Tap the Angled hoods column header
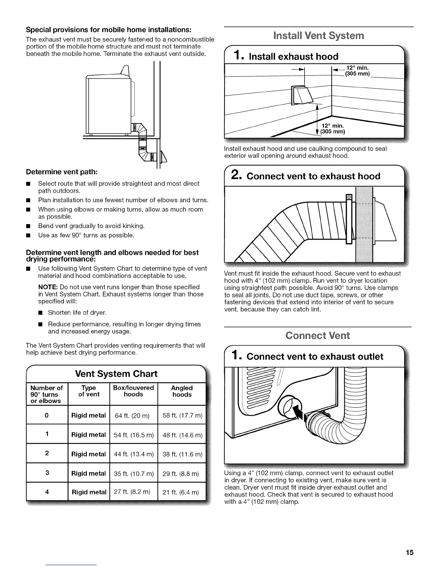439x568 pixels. tap(182, 391)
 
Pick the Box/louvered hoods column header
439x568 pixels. tap(133, 391)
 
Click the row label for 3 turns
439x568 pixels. tap(47, 473)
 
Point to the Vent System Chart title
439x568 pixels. tap(116, 374)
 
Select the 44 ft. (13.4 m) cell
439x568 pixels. tap(133, 454)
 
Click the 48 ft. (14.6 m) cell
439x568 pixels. tap(182, 435)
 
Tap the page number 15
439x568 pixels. tap(410, 553)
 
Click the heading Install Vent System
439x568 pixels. tap(318, 36)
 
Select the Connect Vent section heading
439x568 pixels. tap(317, 336)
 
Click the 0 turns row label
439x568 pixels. tap(47, 415)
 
